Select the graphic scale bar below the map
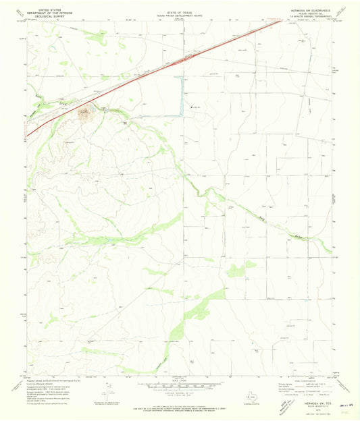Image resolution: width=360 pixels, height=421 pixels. (180, 389)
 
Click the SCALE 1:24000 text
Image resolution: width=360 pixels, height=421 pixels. (180, 383)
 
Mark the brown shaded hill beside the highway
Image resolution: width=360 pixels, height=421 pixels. (86, 113)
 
